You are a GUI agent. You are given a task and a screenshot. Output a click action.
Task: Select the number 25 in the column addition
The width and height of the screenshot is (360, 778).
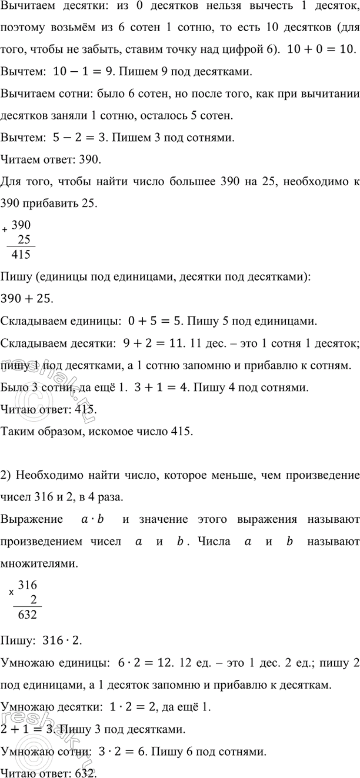25,239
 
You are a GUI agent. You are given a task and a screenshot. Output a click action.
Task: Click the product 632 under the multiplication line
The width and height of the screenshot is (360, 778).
28,615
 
